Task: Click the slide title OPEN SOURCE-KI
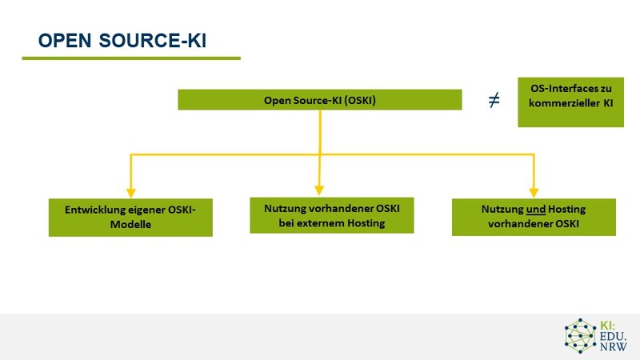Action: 122,41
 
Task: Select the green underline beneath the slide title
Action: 130,58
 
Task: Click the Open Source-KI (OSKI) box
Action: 319,100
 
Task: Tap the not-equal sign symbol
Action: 494,101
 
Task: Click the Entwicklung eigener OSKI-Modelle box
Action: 130,217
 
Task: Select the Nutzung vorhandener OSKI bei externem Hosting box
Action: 331,215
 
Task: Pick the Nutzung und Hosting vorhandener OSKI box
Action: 534,217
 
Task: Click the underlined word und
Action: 535,210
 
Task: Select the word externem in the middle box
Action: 323,223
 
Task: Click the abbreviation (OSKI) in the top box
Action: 358,101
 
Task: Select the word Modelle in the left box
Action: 130,225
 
